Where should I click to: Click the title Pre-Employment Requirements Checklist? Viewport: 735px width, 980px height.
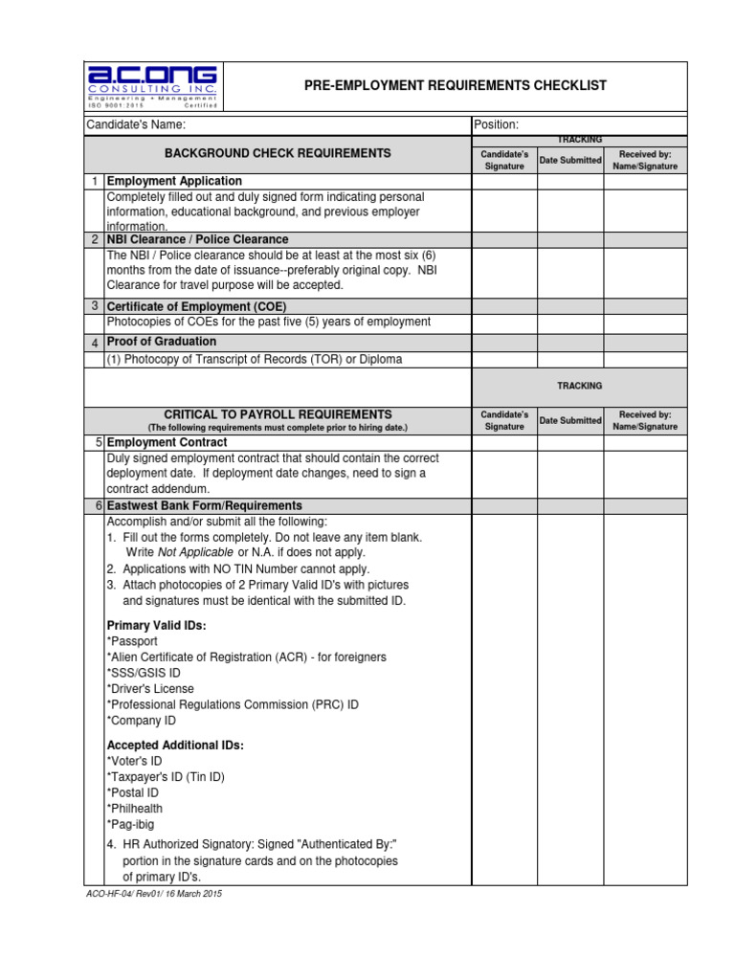point(455,86)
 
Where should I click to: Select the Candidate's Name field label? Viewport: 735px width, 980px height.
point(136,125)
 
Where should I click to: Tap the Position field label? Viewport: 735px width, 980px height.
point(496,125)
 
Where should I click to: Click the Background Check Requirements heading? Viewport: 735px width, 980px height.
point(278,153)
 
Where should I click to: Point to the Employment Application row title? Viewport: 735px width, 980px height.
point(174,181)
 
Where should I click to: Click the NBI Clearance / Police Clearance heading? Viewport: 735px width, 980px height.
point(197,239)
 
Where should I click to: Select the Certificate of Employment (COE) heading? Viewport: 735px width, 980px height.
point(196,305)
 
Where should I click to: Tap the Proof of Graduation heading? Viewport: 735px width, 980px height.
point(162,342)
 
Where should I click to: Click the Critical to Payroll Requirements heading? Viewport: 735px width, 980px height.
point(278,413)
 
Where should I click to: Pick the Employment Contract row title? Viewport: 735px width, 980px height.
point(167,442)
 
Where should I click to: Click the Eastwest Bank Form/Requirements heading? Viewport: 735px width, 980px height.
point(205,505)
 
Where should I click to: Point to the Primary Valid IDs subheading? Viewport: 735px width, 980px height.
point(156,625)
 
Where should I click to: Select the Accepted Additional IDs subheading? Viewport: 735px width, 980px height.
point(175,745)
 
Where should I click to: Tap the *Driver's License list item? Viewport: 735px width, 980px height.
point(150,688)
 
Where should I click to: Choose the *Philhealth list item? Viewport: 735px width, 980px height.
point(135,808)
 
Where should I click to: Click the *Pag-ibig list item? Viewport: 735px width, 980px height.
point(130,824)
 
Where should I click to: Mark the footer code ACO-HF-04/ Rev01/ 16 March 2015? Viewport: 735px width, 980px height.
point(153,893)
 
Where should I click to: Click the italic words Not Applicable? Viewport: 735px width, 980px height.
point(196,553)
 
